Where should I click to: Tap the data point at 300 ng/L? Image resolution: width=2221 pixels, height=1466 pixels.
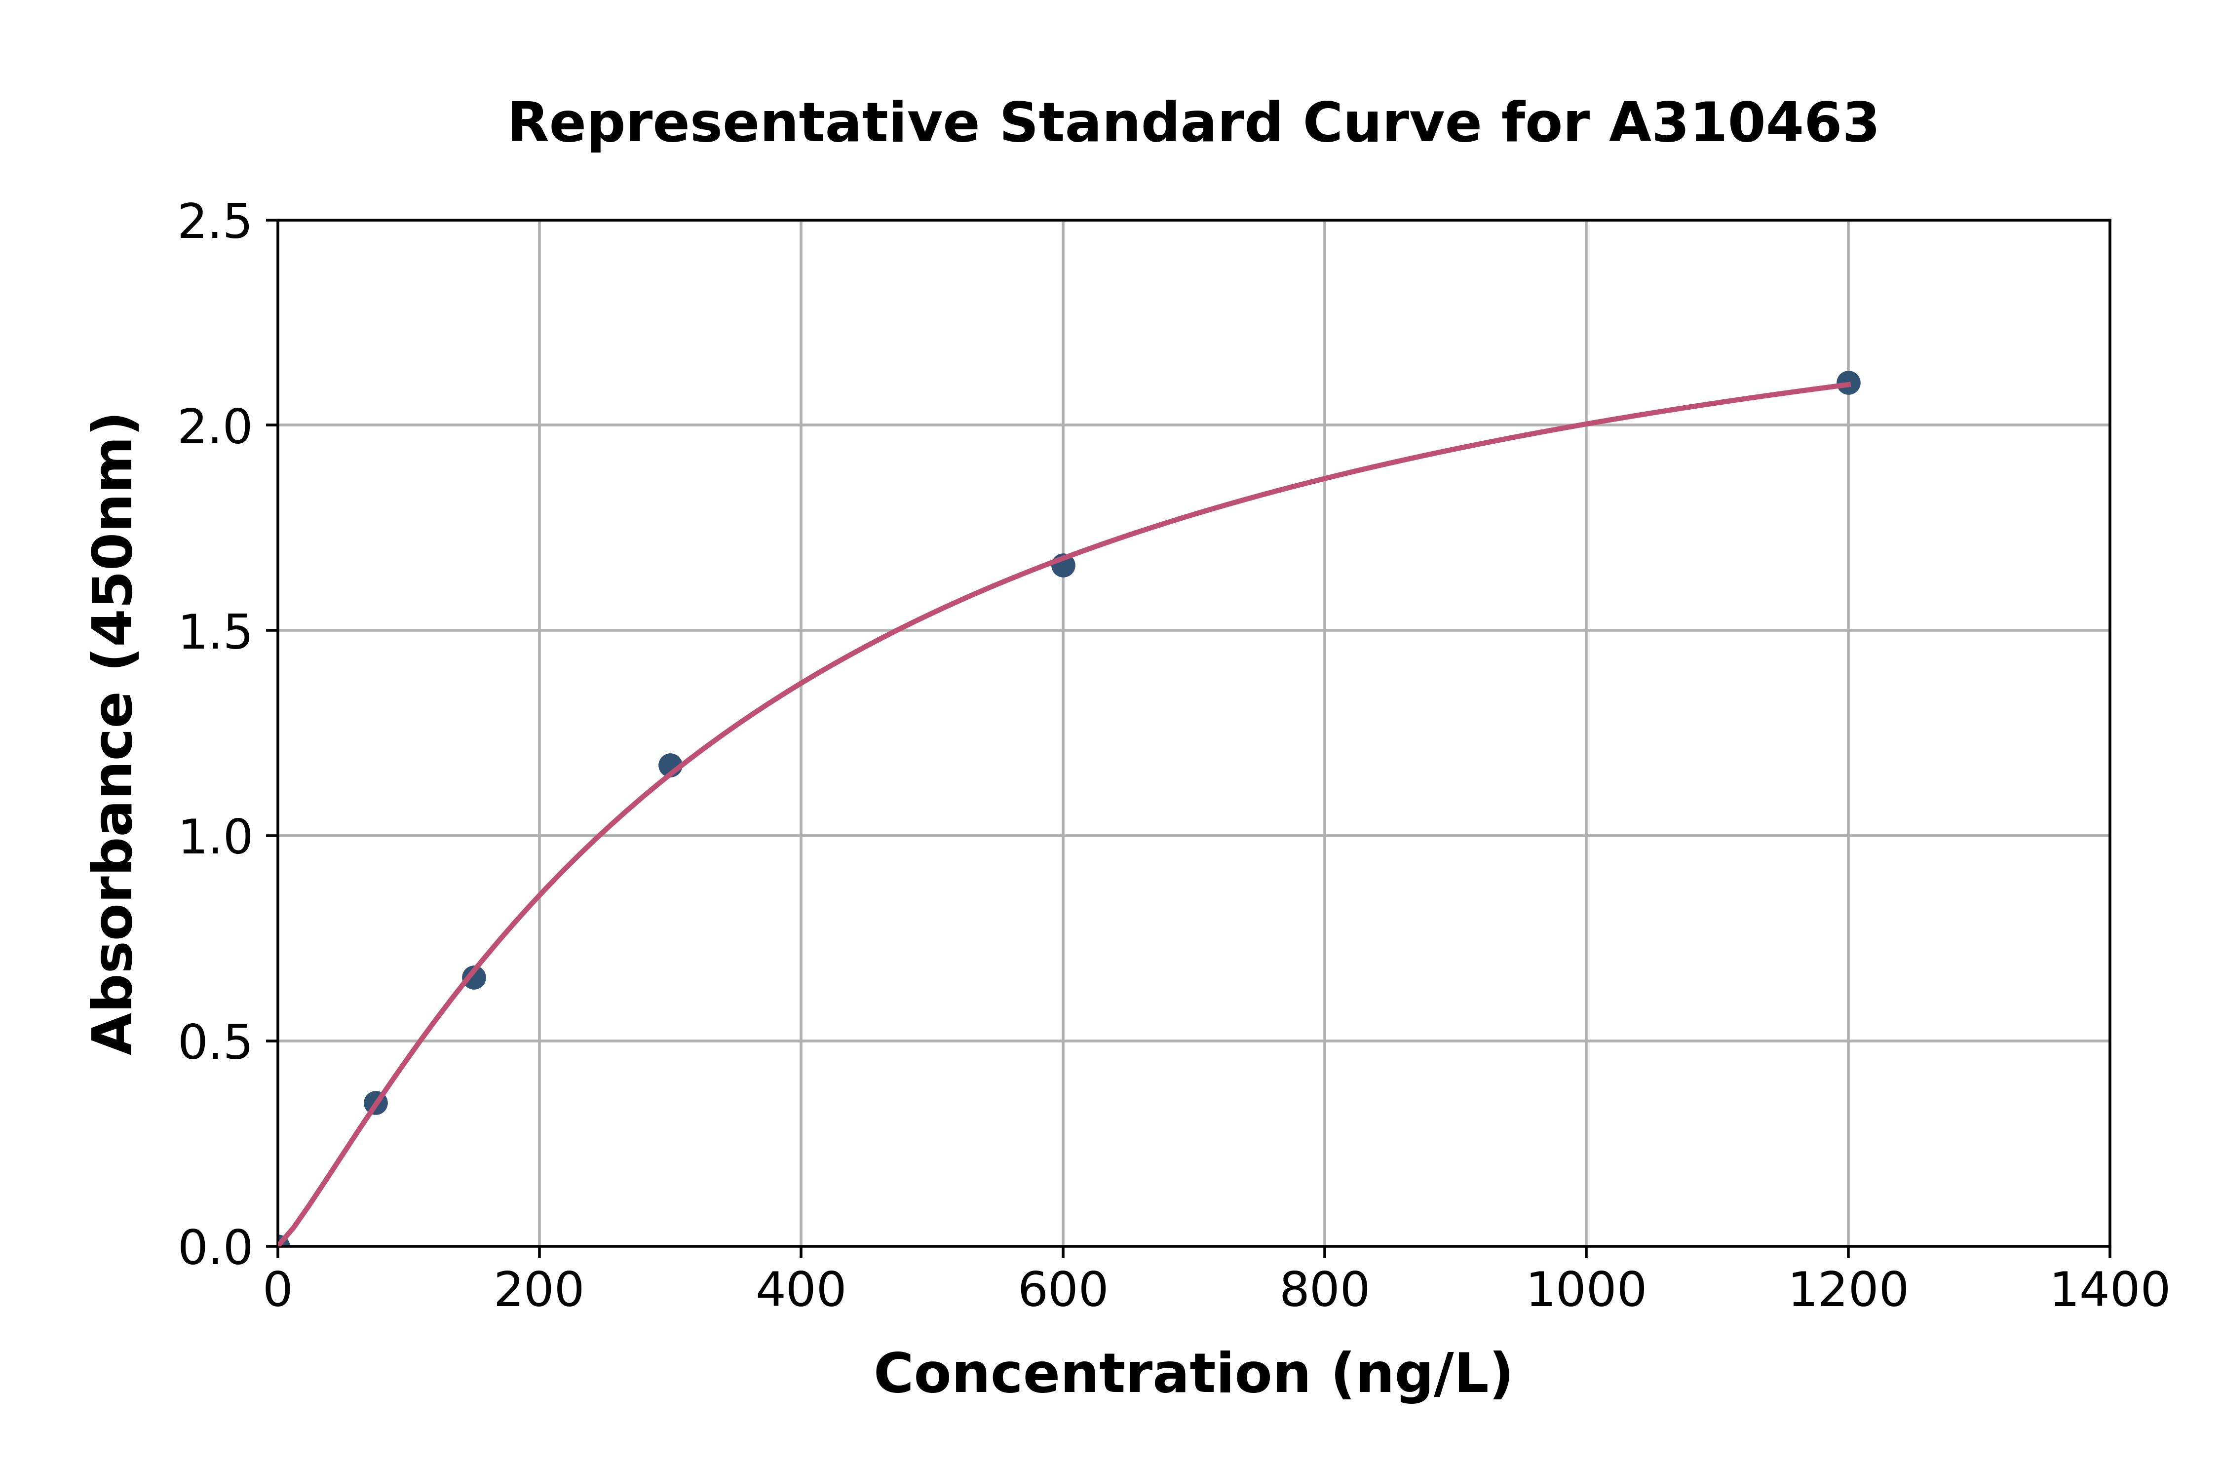click(670, 766)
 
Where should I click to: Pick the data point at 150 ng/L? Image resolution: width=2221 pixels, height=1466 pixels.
click(474, 978)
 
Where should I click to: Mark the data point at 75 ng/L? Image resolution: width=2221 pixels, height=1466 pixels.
click(376, 1103)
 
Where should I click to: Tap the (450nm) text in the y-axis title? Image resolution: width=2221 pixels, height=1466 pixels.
click(114, 552)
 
